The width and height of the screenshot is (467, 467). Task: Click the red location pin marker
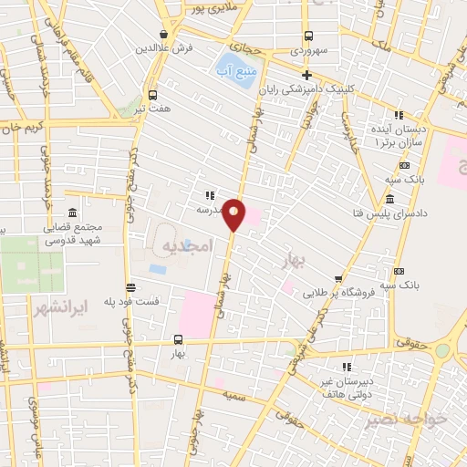(x=234, y=213)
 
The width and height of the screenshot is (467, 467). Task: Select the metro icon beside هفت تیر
(x=151, y=94)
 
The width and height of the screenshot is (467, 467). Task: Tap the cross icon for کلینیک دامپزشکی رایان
(x=307, y=75)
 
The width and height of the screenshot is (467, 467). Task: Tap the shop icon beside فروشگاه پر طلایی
(x=339, y=279)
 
